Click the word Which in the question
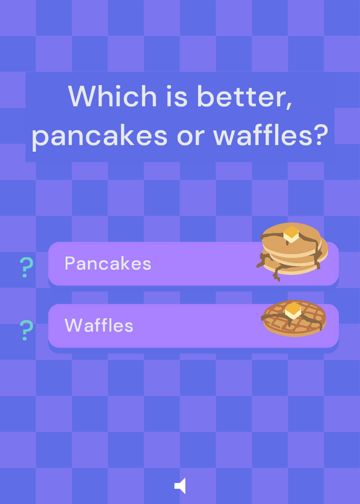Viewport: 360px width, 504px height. [112, 96]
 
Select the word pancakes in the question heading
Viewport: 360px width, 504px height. [100, 135]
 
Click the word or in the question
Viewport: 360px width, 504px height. [190, 137]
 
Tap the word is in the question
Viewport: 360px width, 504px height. [177, 96]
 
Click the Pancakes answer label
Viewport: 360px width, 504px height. [108, 263]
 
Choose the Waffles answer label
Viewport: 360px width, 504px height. [99, 325]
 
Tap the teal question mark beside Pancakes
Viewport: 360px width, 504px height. [26, 267]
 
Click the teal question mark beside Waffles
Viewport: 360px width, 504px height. [26, 330]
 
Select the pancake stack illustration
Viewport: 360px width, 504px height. [292, 251]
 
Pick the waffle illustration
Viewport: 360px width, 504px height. [294, 318]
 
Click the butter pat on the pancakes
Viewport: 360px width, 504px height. [291, 234]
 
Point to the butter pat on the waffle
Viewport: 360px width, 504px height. [293, 310]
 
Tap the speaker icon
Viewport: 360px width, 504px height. [180, 485]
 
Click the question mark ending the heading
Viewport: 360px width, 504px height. [321, 135]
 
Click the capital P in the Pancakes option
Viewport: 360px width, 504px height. [70, 263]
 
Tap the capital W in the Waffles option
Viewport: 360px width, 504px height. [74, 325]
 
